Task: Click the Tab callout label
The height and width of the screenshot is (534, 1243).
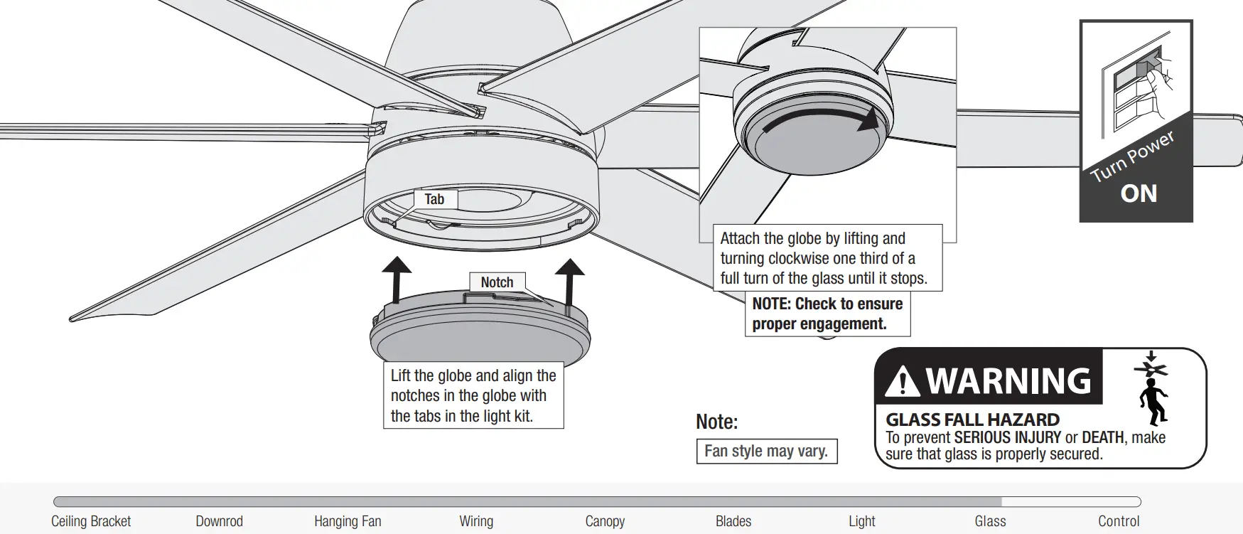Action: (x=434, y=200)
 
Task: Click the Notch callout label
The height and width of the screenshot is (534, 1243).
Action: (x=497, y=282)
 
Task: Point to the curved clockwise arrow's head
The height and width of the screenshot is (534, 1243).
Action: (x=868, y=121)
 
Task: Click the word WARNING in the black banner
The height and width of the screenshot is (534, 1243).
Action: (x=1009, y=380)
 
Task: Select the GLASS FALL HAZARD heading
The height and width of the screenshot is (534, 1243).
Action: (x=972, y=420)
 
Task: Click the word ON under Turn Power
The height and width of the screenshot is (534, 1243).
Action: (x=1139, y=194)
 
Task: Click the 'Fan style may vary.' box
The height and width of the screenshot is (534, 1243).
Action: (x=766, y=452)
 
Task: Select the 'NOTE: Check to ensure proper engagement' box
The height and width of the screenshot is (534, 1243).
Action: (x=827, y=314)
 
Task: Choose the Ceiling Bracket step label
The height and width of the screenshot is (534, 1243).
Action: (x=91, y=521)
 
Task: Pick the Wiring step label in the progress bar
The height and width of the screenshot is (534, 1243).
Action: (x=476, y=521)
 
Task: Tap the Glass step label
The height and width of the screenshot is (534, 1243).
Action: (x=990, y=521)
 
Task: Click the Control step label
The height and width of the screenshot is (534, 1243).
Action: (x=1119, y=521)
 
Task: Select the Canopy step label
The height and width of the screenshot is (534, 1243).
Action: (x=605, y=521)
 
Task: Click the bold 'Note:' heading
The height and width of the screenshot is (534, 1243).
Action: (x=716, y=422)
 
